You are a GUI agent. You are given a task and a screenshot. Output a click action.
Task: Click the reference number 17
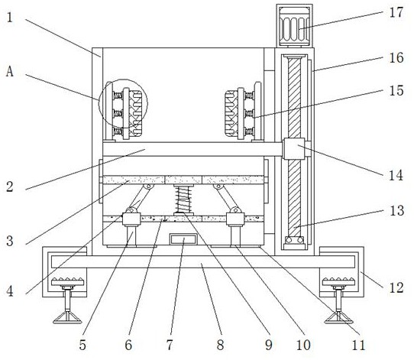(396, 12)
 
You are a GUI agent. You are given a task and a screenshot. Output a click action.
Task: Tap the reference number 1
(10, 18)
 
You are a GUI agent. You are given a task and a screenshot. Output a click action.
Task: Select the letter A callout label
(9, 71)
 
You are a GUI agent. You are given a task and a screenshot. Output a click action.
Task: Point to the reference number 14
(396, 175)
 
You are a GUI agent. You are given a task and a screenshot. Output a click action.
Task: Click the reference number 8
(220, 345)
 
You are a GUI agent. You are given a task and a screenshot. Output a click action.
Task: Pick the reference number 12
(396, 287)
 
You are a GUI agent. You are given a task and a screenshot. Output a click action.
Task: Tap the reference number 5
(82, 345)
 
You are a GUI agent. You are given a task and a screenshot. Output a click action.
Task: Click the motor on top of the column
(294, 25)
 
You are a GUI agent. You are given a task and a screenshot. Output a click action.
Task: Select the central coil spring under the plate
(183, 199)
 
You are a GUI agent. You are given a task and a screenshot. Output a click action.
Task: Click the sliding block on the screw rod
(294, 148)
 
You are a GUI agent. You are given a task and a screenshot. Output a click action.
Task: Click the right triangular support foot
(338, 317)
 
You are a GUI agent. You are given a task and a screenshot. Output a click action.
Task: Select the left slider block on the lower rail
(131, 219)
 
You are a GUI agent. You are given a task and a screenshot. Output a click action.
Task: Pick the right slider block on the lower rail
(235, 219)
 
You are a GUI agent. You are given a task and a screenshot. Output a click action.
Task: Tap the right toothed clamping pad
(231, 113)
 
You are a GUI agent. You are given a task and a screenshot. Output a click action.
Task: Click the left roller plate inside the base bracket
(67, 282)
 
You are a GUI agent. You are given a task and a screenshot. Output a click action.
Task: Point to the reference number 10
(303, 345)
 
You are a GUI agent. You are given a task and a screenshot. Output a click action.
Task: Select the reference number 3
(10, 241)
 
